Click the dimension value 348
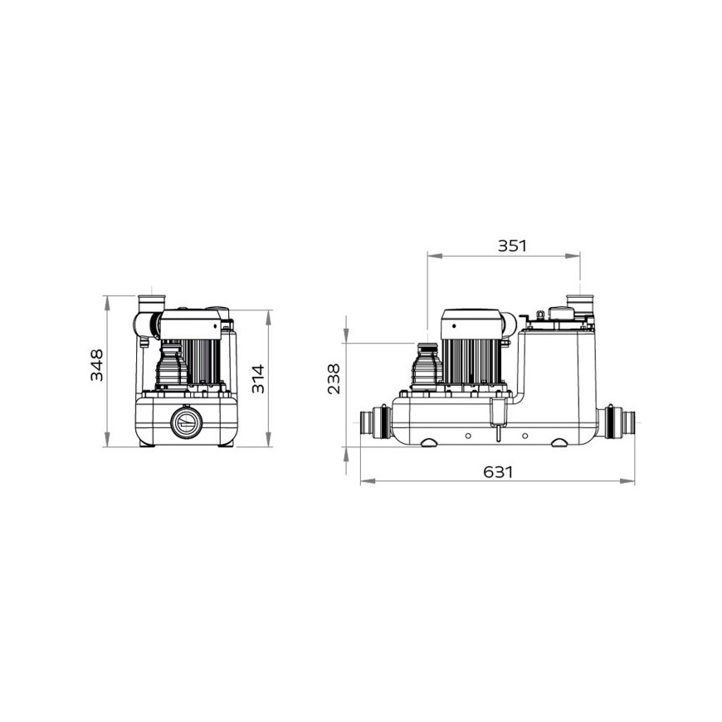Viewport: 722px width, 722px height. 97,365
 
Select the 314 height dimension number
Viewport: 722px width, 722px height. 258,379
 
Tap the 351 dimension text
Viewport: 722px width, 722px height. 512,246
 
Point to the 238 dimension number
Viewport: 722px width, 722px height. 334,379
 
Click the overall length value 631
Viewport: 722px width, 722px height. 498,472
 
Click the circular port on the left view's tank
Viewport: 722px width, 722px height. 186,422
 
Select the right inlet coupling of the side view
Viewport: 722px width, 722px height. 618,422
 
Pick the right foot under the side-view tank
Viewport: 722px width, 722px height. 561,442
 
